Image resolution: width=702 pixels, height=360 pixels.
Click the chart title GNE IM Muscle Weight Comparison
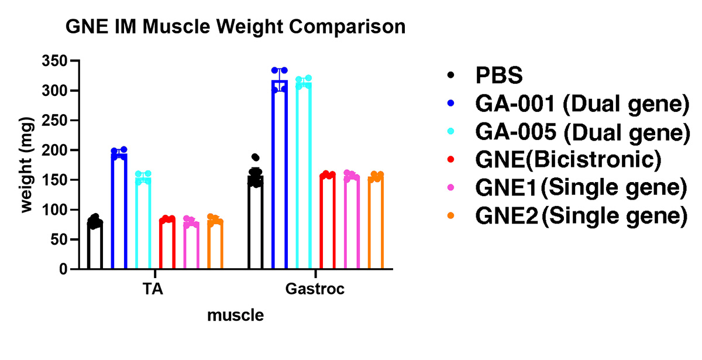coord(235,27)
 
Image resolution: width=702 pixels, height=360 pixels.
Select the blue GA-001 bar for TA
coord(119,211)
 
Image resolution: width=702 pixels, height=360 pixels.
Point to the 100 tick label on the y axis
coord(54,210)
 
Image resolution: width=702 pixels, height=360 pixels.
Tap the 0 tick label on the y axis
coord(61,270)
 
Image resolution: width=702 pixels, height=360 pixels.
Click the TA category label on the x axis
coord(153,289)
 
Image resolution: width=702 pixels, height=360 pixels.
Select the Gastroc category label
coord(315,289)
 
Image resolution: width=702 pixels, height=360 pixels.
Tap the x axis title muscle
coord(235,316)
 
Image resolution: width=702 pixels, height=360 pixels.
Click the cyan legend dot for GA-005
coord(450,132)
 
